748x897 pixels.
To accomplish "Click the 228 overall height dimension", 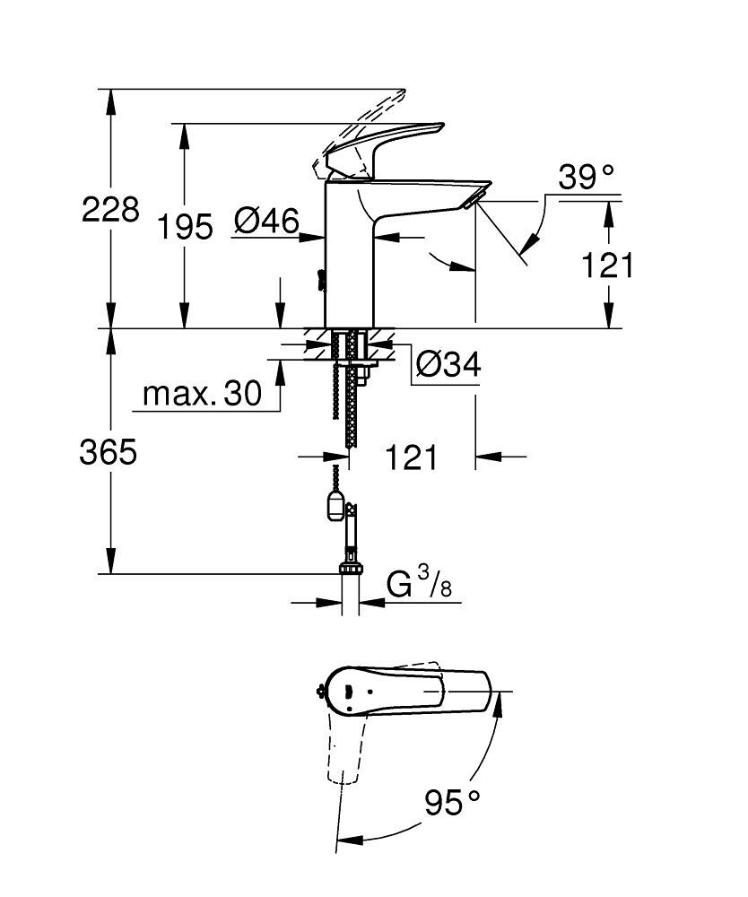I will coord(110,211).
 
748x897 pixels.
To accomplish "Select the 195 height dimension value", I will coord(186,227).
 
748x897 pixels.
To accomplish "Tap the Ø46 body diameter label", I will coord(266,221).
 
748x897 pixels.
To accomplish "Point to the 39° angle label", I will coord(587,177).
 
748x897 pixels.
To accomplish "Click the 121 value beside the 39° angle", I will coord(607,266).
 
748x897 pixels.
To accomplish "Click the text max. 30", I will coord(202,394).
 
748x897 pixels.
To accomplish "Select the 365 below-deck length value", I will coord(109,452).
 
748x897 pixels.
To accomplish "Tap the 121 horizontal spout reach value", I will coord(412,457).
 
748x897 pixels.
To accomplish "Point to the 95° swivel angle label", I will coord(453,801).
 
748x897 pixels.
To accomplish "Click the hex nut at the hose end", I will coord(351,568).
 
